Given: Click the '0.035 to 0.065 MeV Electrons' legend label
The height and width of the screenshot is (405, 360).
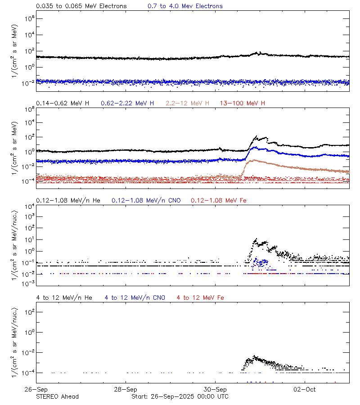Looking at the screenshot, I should [x=81, y=6].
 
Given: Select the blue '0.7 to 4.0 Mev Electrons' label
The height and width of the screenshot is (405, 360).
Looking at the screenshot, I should [x=185, y=6].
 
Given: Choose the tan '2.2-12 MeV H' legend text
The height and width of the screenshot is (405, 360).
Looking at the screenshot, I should [x=188, y=103].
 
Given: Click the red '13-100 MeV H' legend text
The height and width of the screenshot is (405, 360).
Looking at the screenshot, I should [x=243, y=103].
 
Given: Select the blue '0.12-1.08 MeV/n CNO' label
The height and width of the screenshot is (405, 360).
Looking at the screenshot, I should [x=146, y=200].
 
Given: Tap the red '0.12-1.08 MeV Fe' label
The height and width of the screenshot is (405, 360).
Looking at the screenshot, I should [x=219, y=200].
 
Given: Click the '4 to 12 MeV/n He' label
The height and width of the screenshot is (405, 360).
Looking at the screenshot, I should [x=64, y=298].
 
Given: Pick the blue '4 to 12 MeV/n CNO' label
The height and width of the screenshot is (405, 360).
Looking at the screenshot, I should [x=135, y=298].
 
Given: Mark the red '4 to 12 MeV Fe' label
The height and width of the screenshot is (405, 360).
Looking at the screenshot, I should [x=200, y=298].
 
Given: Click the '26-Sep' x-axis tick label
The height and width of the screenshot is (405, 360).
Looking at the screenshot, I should [x=36, y=389].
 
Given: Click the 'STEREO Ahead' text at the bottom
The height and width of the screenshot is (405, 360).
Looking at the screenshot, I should [x=57, y=396].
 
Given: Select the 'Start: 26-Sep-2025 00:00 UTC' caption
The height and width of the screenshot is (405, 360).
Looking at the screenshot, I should [x=180, y=396].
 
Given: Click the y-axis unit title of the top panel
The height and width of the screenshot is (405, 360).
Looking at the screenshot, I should [x=15, y=49].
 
